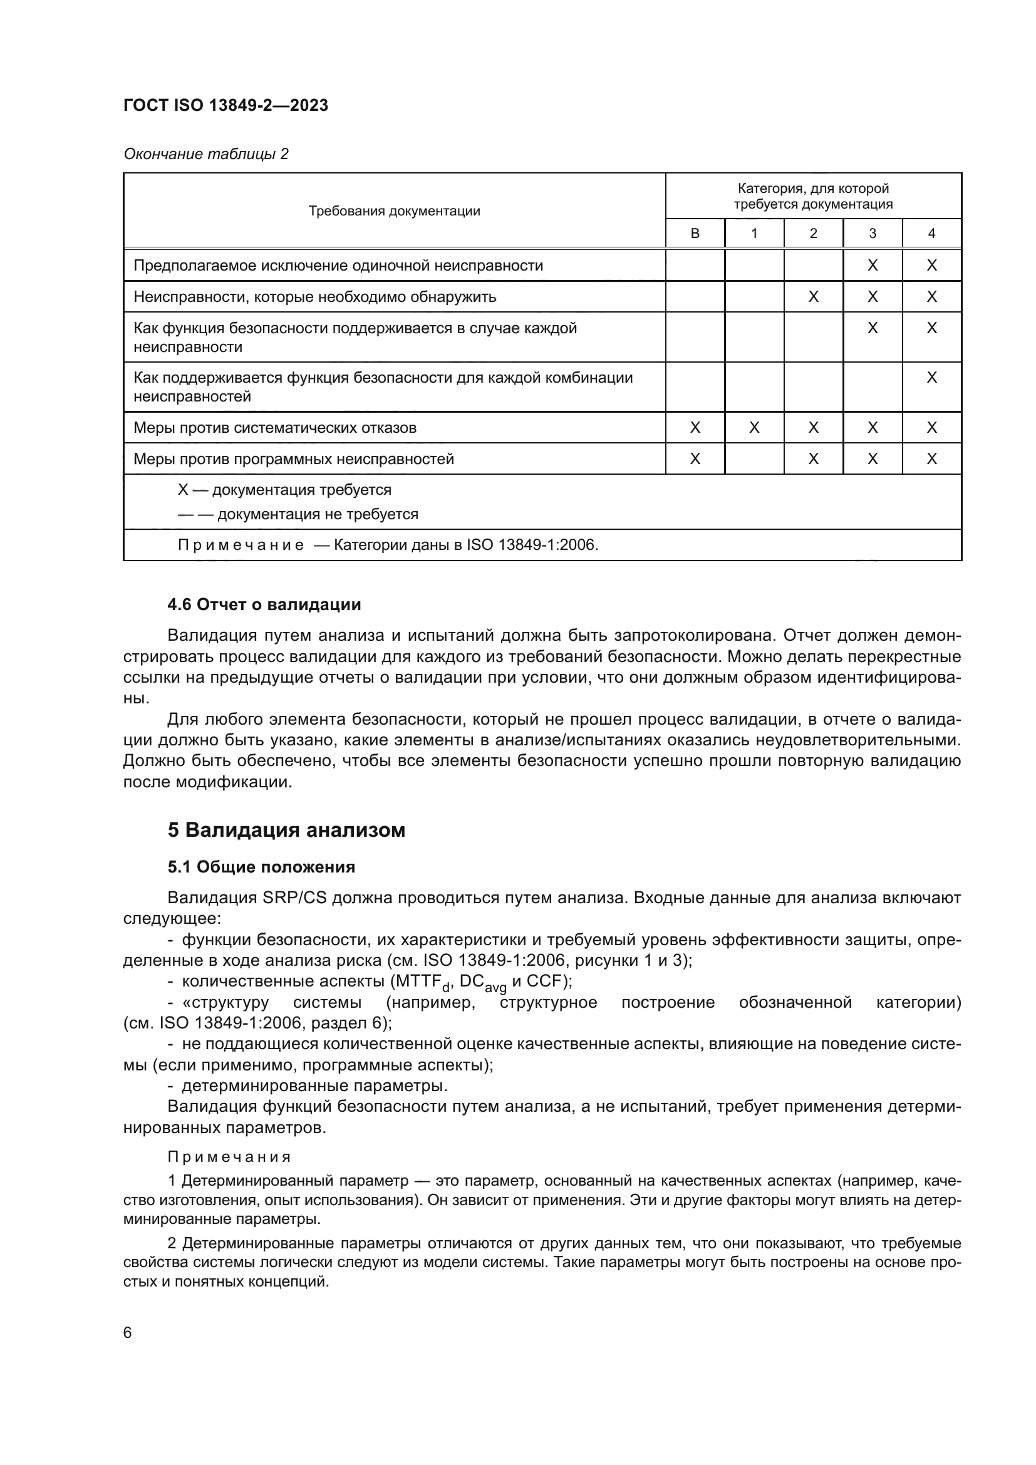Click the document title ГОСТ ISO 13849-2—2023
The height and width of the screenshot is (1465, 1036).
pyautogui.click(x=225, y=105)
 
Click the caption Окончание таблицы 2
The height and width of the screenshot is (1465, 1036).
pyautogui.click(x=205, y=154)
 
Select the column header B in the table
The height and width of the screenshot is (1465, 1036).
pyautogui.click(x=695, y=234)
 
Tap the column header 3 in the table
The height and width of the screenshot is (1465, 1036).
pyautogui.click(x=872, y=234)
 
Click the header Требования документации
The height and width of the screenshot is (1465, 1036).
pyautogui.click(x=394, y=211)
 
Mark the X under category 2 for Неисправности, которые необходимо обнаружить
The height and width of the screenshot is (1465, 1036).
pyautogui.click(x=813, y=297)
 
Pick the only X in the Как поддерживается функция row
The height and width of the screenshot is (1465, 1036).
pyautogui.click(x=931, y=378)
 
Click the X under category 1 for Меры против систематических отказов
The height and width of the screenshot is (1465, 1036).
pyautogui.click(x=754, y=428)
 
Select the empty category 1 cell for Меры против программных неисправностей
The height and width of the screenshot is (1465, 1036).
pyautogui.click(x=754, y=458)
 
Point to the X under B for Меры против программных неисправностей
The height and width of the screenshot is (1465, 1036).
pyautogui.click(x=695, y=458)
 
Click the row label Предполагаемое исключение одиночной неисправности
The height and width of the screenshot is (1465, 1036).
pyautogui.click(x=338, y=266)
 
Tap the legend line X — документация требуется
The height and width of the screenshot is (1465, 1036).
pyautogui.click(x=284, y=490)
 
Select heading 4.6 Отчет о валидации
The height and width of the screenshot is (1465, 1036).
pyautogui.click(x=264, y=604)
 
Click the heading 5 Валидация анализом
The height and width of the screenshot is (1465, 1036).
pyautogui.click(x=286, y=830)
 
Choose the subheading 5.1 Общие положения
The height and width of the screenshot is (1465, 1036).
pyautogui.click(x=261, y=867)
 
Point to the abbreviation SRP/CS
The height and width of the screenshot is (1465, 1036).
pyautogui.click(x=294, y=898)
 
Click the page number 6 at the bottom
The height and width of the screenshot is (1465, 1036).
pyautogui.click(x=128, y=1332)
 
